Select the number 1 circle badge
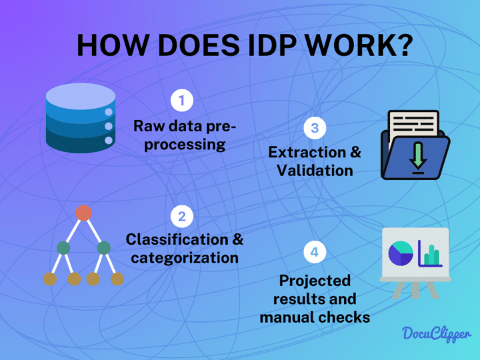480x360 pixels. tap(182, 101)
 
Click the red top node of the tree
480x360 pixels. tap(83, 213)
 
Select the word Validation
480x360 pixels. tap(315, 170)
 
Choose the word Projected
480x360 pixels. tap(315, 280)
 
